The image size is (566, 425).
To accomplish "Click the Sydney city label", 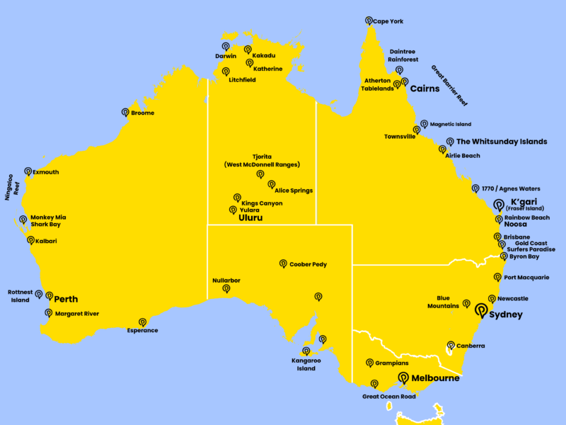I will click(x=506, y=314).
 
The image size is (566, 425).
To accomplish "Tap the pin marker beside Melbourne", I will click(x=403, y=378).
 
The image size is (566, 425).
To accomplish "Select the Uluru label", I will click(x=250, y=218).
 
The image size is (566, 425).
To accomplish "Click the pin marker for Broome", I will click(x=125, y=112).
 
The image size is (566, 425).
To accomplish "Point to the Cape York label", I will click(x=388, y=21).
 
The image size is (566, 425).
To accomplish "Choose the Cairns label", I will click(x=424, y=89).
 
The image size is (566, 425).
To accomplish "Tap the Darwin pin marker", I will click(x=225, y=46).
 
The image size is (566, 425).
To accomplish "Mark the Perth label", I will click(x=66, y=299).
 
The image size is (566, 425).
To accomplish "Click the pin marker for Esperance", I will click(x=142, y=322).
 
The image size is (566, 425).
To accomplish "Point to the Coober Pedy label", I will click(x=308, y=264).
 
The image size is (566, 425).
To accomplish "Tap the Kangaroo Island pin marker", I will click(x=306, y=351).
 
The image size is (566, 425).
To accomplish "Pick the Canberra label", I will click(x=471, y=346).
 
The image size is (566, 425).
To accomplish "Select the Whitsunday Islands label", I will click(x=502, y=142).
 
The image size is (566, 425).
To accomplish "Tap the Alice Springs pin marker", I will click(x=272, y=184).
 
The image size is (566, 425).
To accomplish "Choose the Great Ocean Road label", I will click(x=388, y=397).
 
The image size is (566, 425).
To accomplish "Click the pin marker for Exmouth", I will click(x=28, y=171).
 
